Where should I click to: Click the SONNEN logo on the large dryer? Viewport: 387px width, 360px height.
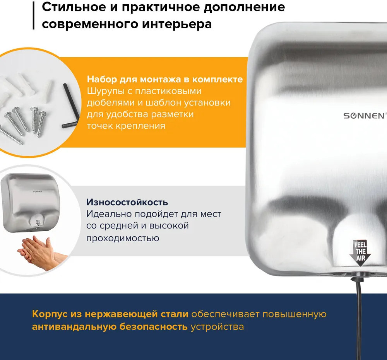click(365, 116)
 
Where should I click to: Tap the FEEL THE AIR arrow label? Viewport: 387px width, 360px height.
click(360, 253)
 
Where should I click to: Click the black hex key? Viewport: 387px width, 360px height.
click(70, 106)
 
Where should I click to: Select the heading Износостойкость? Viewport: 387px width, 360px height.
click(127, 202)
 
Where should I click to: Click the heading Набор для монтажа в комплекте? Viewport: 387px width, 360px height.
click(165, 79)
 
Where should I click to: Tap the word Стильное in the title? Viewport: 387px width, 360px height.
click(74, 7)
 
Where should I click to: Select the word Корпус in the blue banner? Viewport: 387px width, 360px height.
click(50, 314)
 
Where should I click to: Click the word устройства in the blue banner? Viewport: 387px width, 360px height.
click(217, 327)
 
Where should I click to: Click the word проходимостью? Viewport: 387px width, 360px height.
click(123, 238)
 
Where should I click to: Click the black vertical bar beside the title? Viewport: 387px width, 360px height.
click(34, 15)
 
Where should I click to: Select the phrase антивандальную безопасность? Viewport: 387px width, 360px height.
click(110, 327)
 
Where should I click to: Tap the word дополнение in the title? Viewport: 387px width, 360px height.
click(244, 7)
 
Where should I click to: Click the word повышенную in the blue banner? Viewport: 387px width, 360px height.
click(295, 314)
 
